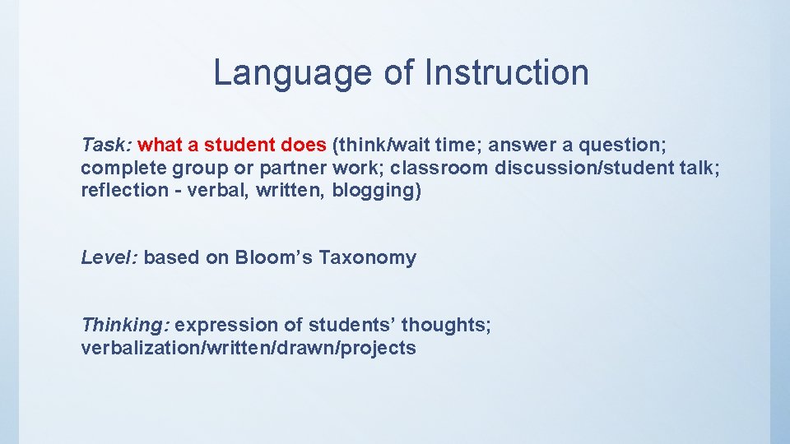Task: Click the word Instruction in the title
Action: click(507, 73)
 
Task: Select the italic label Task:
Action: click(106, 146)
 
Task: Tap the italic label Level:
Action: click(109, 257)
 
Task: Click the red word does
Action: click(304, 146)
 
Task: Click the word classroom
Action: click(439, 168)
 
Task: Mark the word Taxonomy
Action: click(368, 257)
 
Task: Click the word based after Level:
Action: click(171, 257)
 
